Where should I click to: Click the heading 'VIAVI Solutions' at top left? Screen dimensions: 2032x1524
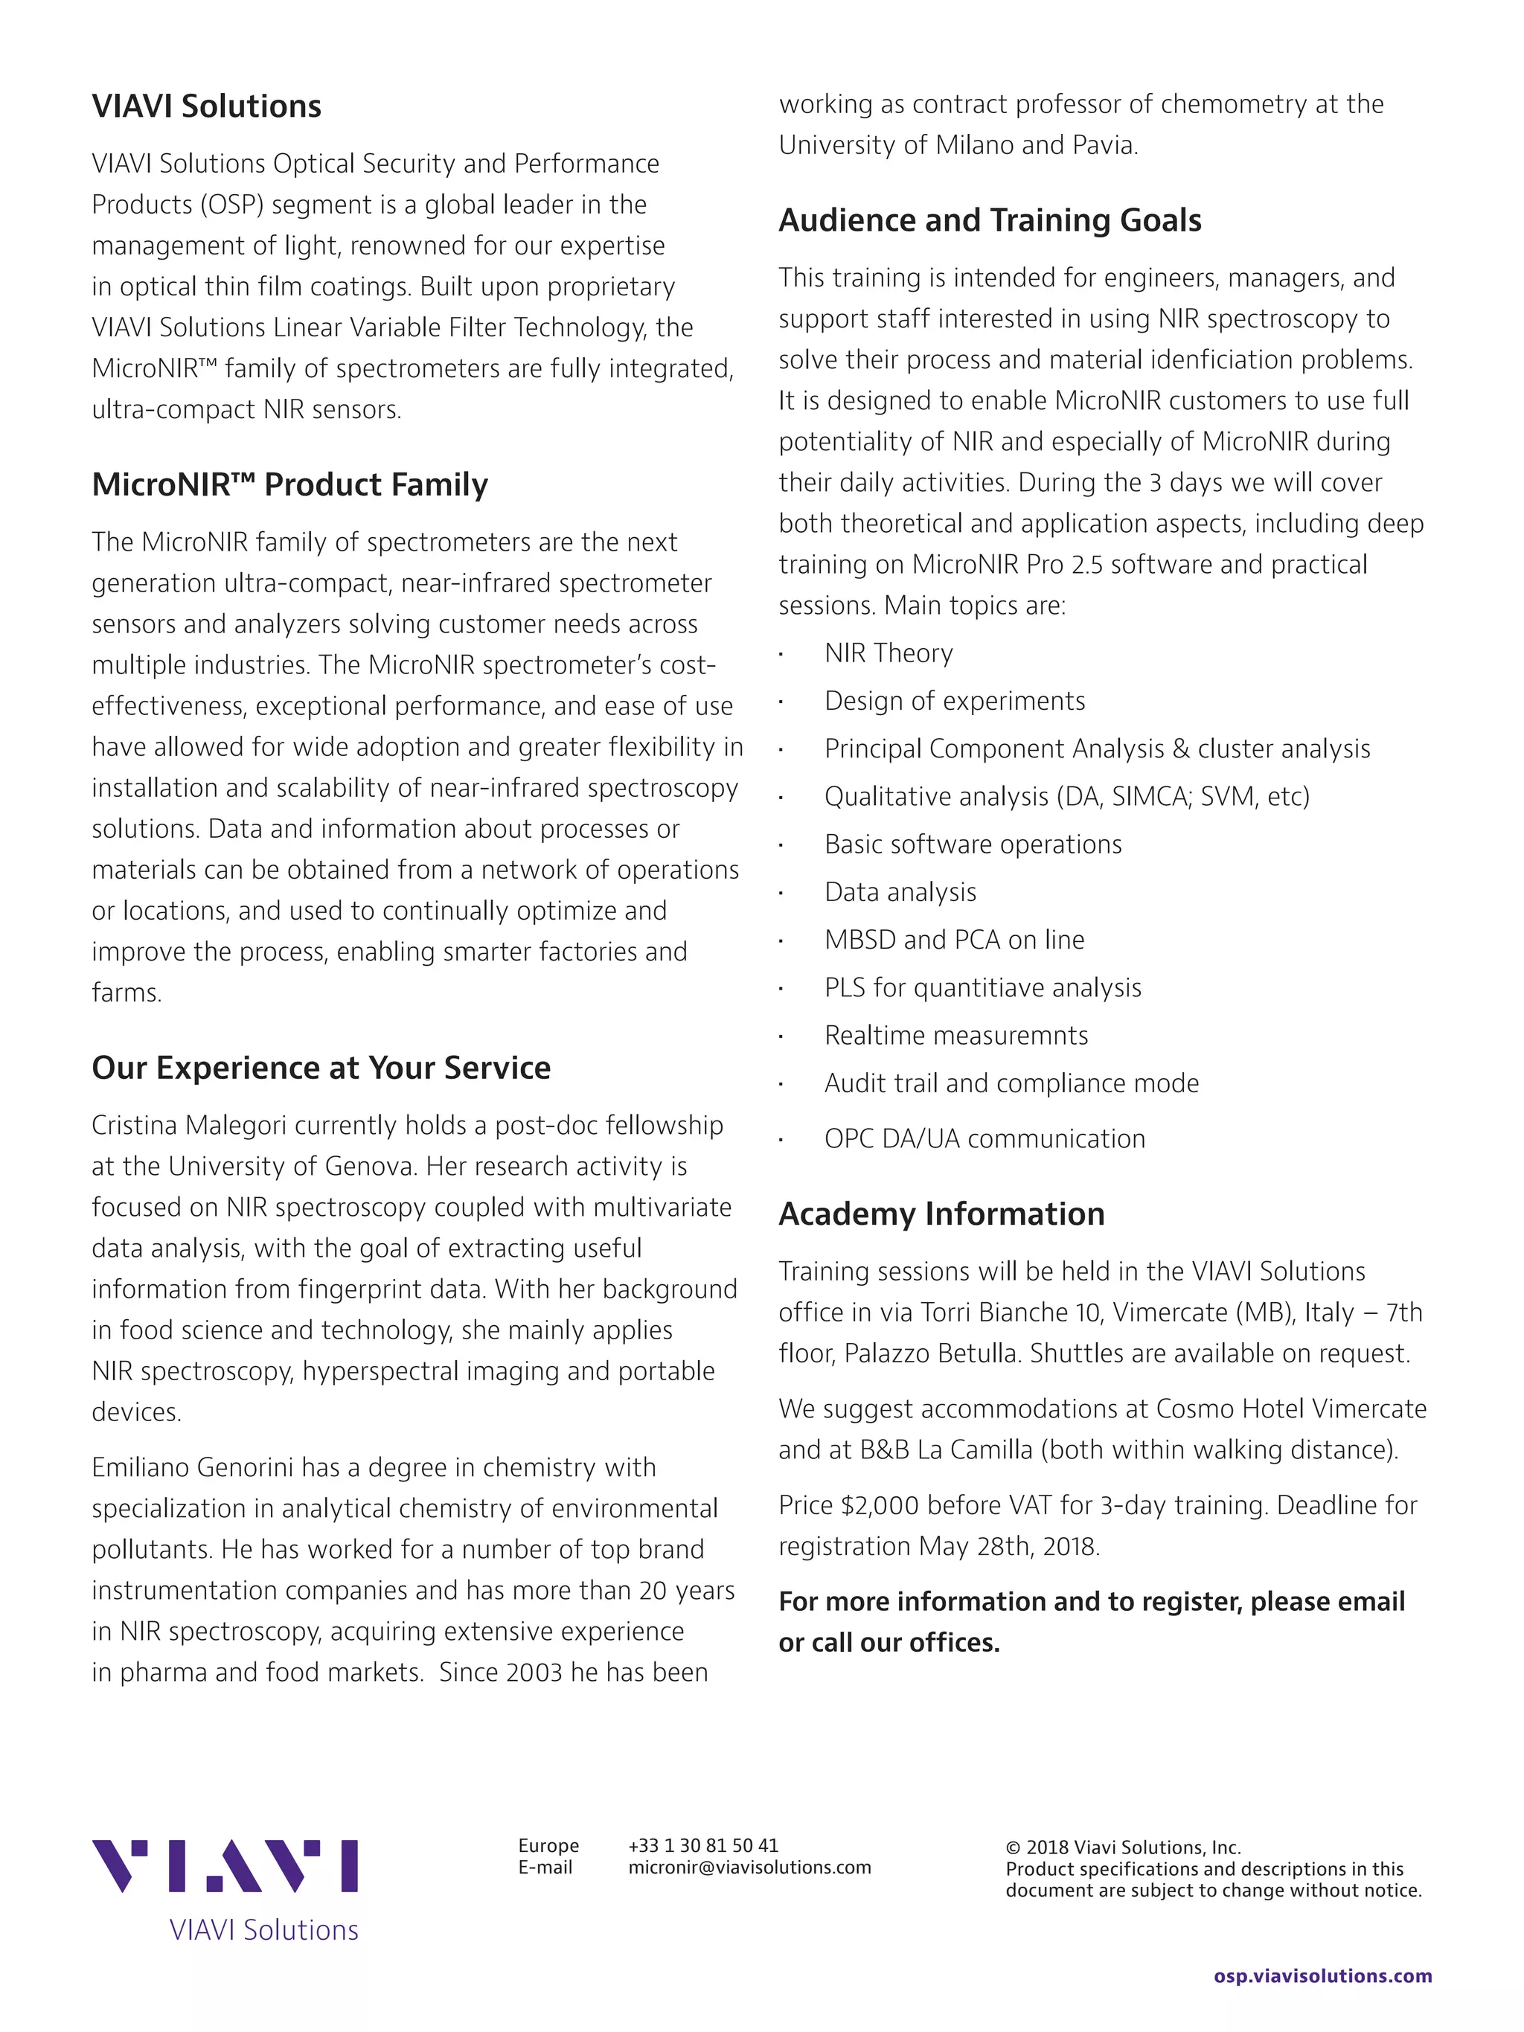tap(206, 106)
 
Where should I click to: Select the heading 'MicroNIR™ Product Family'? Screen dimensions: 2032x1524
tap(289, 484)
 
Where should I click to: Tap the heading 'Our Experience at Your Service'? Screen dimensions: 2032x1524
tap(321, 1068)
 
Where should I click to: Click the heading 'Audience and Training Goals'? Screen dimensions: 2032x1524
tap(990, 220)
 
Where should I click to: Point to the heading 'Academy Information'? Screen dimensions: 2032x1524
tap(941, 1214)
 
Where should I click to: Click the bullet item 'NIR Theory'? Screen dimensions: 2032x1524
tap(889, 653)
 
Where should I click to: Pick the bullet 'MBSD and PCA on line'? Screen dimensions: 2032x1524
tap(953, 940)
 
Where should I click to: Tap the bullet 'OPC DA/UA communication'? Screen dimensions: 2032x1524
tap(984, 1139)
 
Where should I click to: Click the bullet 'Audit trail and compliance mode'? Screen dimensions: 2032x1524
tap(1011, 1083)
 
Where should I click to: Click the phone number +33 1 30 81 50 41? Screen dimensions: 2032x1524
tap(702, 1845)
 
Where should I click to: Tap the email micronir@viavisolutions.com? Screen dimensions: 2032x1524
tap(749, 1868)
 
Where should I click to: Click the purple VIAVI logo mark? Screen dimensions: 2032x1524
tap(224, 1867)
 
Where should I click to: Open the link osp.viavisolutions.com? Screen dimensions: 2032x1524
tap(1322, 1976)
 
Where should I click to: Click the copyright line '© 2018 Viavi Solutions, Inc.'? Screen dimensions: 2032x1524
tap(1123, 1847)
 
